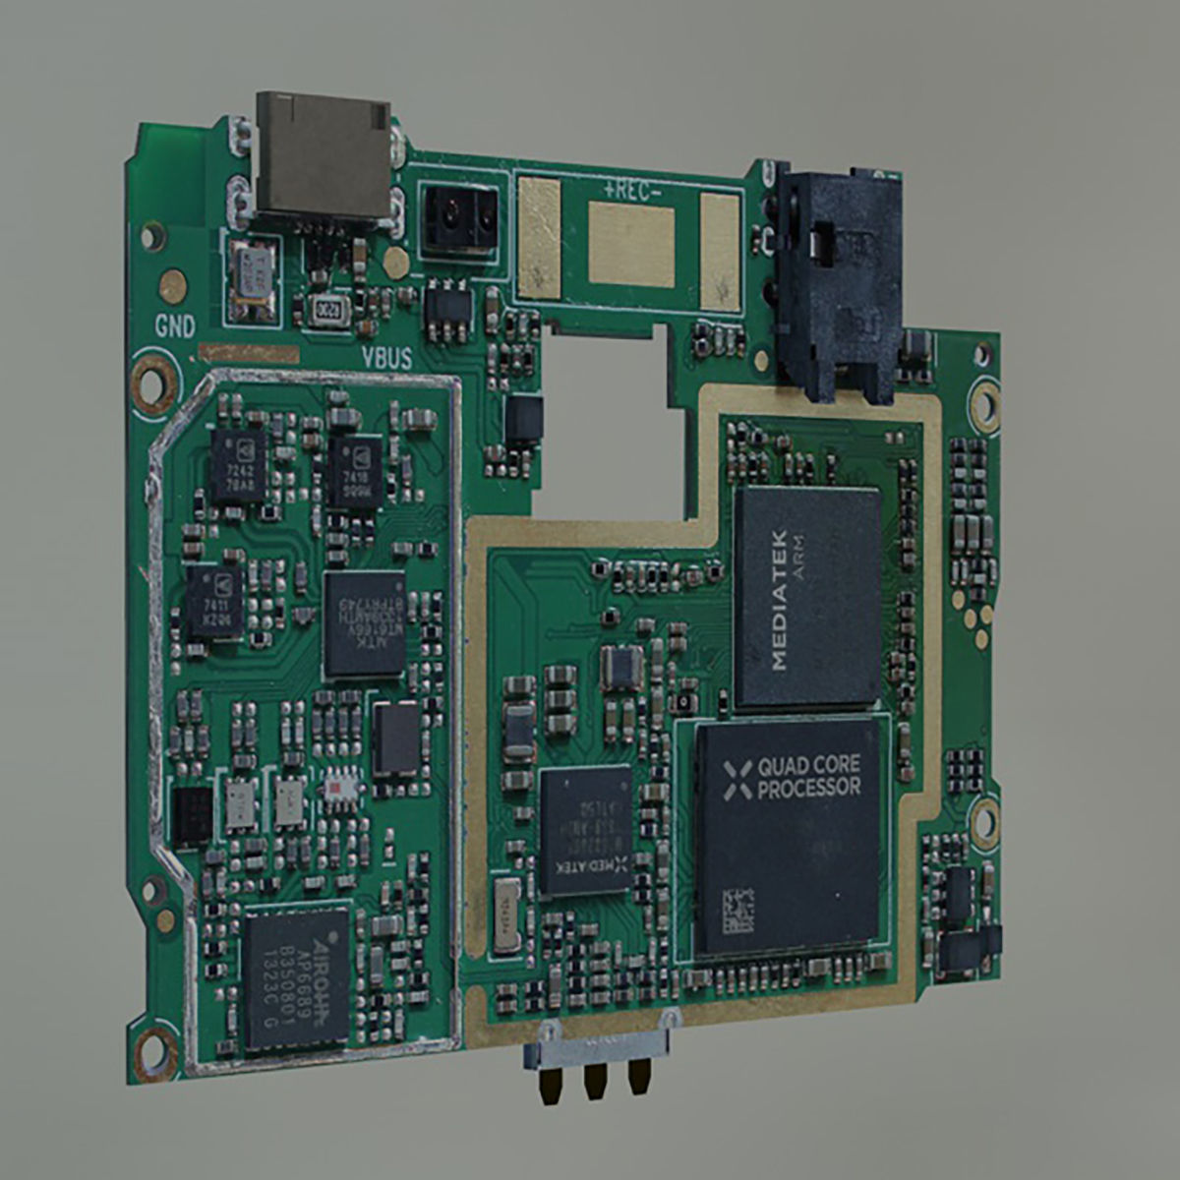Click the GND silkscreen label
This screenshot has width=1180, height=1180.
174,326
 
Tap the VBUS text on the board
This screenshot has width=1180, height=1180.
386,358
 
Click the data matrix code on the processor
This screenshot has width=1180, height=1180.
739,912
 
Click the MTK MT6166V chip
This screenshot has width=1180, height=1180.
364,623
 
